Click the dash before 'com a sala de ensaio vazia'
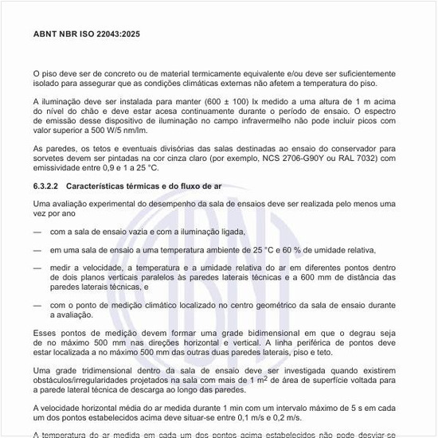[x=38, y=233]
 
